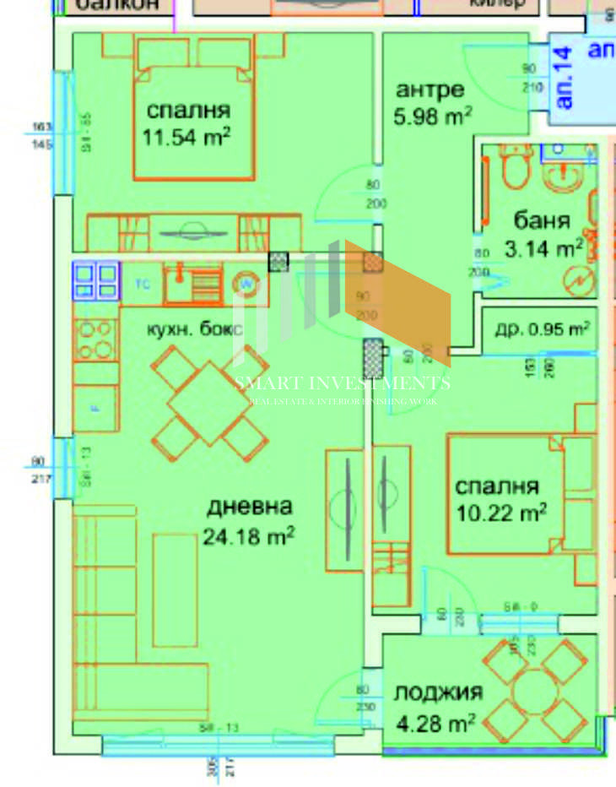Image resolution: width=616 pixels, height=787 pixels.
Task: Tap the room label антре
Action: pos(430,90)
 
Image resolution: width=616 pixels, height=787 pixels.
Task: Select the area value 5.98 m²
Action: pos(432,117)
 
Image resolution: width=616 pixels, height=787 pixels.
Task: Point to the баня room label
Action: pos(542,221)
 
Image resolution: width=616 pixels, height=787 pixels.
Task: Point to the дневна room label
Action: pos(249,507)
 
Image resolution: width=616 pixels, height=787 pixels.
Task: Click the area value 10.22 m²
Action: pos(501,512)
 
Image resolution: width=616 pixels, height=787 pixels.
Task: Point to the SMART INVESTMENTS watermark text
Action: pos(342,383)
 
